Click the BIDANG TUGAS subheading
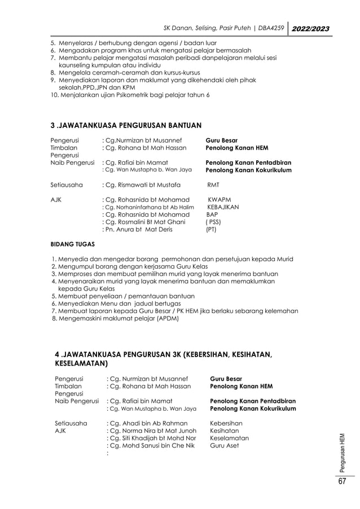click(73, 245)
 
